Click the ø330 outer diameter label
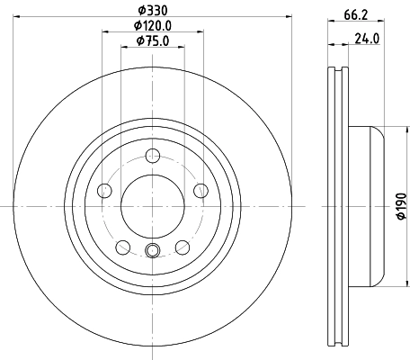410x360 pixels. pos(151,10)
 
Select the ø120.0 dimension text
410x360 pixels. pos(152,25)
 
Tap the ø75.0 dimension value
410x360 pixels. pos(152,40)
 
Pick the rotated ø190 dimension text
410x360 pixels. pos(402,207)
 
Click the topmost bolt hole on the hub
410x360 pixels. pos(152,154)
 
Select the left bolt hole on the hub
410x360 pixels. pos(103,190)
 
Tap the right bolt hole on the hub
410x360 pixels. pos(201,190)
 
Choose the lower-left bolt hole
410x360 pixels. pos(122,247)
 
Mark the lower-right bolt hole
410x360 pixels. pos(182,247)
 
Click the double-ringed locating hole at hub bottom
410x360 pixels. pos(152,251)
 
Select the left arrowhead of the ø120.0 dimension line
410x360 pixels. pos(105,31)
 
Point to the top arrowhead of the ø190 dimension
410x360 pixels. pos(388,129)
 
